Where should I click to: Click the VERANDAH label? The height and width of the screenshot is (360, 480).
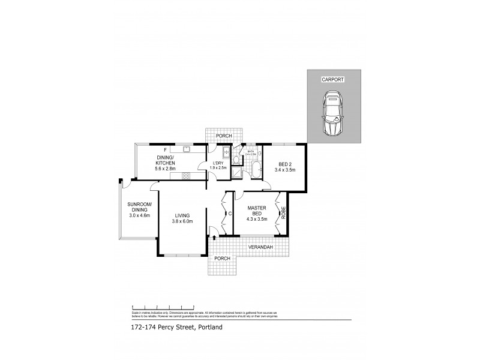pyautogui.click(x=260, y=247)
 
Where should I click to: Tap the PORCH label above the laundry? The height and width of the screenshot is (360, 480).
pyautogui.click(x=224, y=136)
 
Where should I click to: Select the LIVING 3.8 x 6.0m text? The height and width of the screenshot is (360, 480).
pyautogui.click(x=182, y=218)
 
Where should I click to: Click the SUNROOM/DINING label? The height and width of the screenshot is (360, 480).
pyautogui.click(x=138, y=209)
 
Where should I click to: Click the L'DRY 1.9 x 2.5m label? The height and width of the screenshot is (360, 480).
pyautogui.click(x=218, y=166)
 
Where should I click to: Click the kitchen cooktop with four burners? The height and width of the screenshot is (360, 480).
pyautogui.click(x=187, y=176)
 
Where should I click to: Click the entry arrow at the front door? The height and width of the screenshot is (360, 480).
pyautogui.click(x=214, y=238)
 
